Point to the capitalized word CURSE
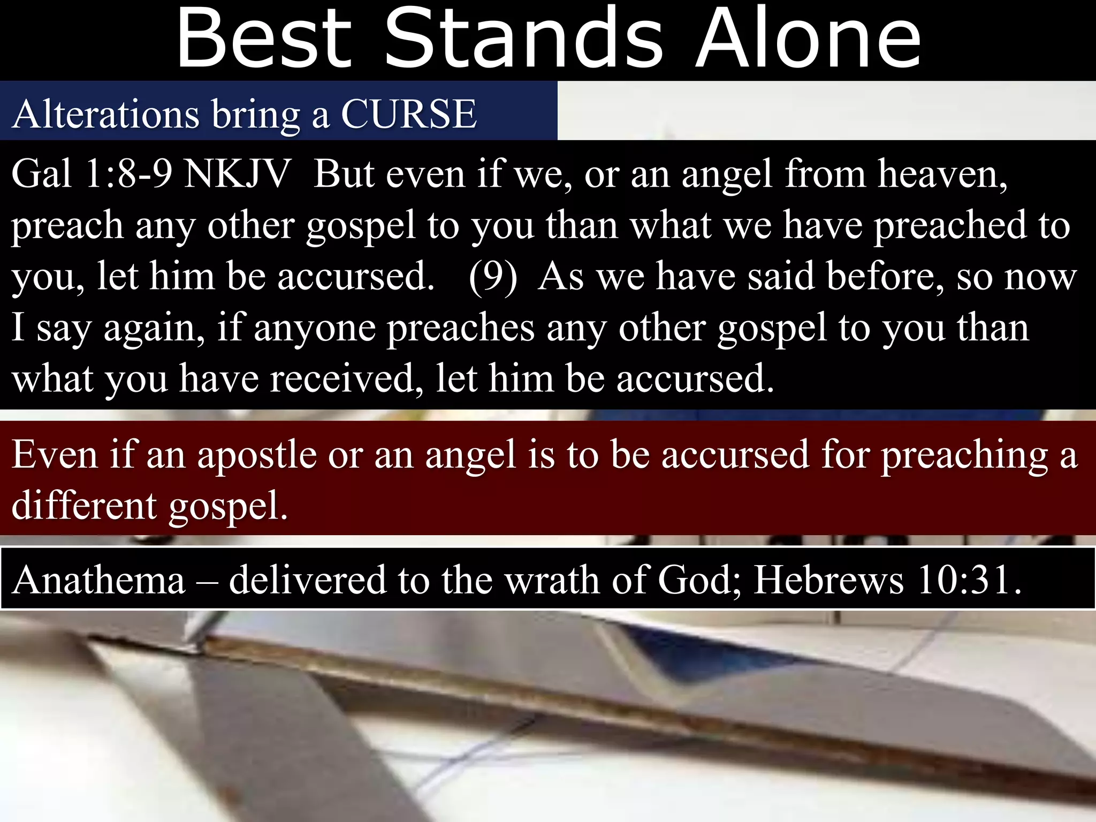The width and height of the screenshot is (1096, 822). pyautogui.click(x=408, y=114)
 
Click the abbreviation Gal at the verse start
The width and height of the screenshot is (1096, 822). pyautogui.click(x=41, y=174)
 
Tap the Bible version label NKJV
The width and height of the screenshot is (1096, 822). pyautogui.click(x=236, y=174)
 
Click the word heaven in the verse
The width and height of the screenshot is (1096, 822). pyautogui.click(x=942, y=174)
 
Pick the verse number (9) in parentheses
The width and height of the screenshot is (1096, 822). pyautogui.click(x=493, y=277)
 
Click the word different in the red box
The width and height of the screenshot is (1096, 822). pyautogui.click(x=85, y=505)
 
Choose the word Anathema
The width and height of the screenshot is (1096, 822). pyautogui.click(x=99, y=580)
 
